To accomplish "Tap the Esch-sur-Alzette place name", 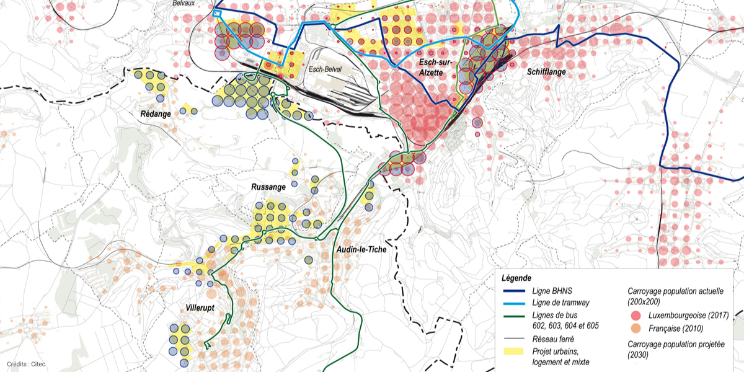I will click(422, 68).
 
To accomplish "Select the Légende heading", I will click(516, 278).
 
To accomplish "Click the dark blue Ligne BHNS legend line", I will click(514, 291).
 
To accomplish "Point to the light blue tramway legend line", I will click(514, 303).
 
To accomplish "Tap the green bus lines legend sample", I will click(514, 316).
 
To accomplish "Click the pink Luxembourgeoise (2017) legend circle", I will click(635, 315).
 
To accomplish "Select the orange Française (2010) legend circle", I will click(635, 328).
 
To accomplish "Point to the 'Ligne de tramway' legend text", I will click(560, 303).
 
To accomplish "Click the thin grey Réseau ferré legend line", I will click(514, 339).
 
